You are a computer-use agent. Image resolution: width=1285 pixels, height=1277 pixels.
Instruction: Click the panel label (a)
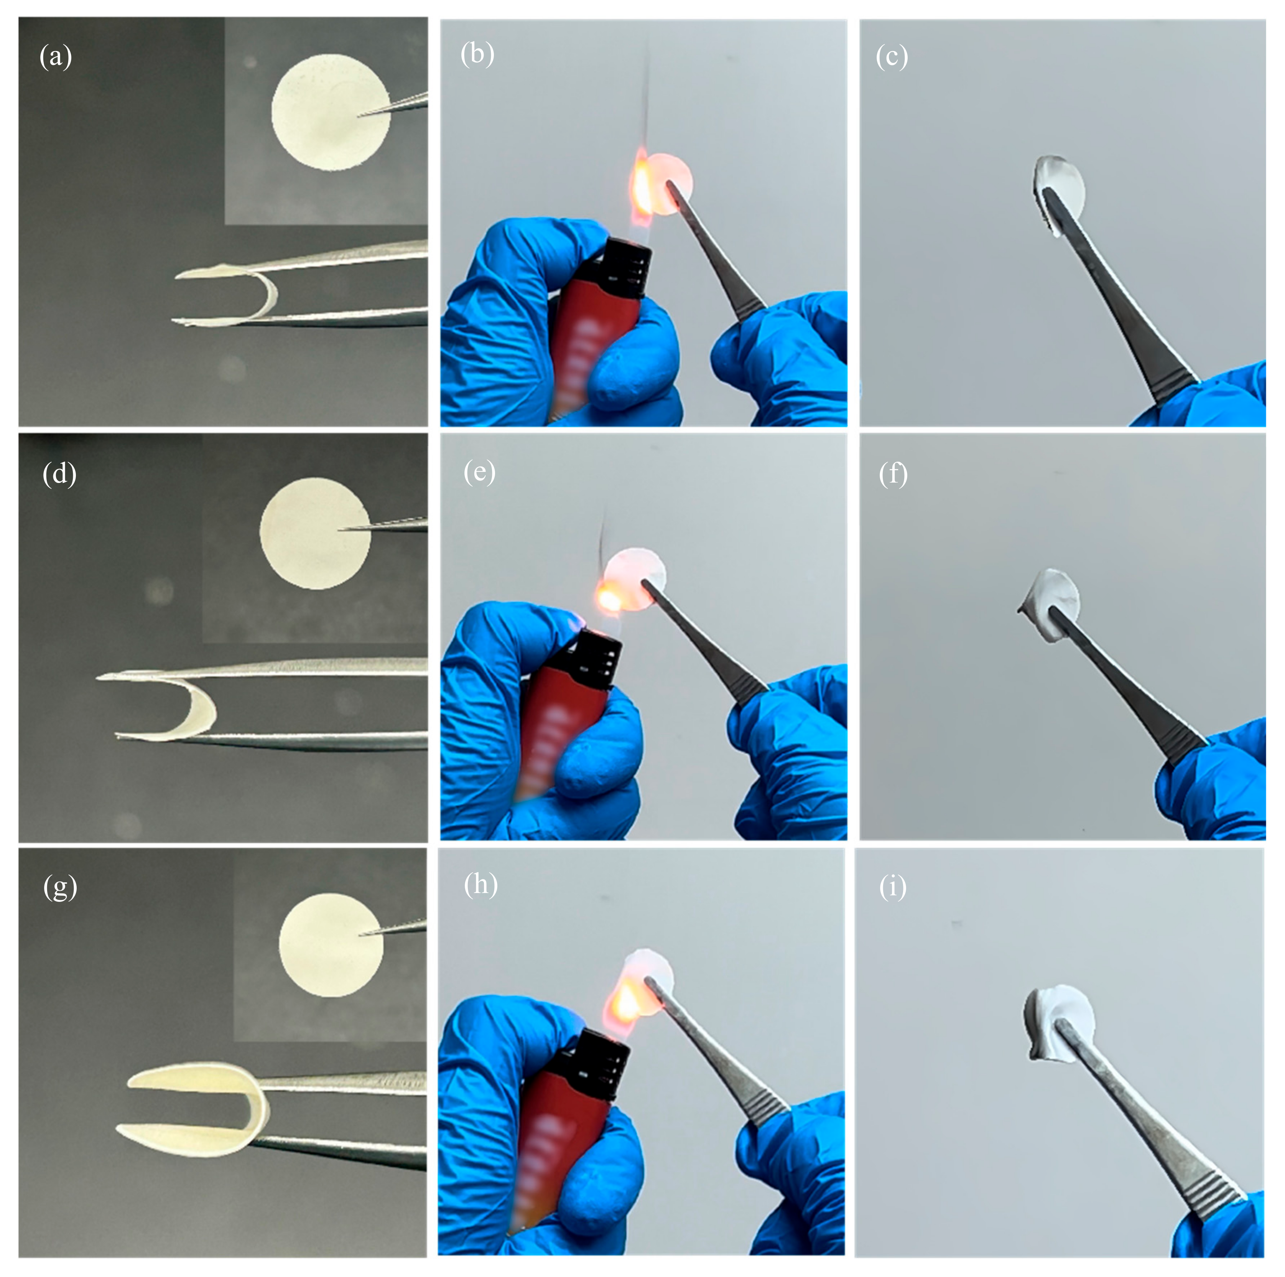56,57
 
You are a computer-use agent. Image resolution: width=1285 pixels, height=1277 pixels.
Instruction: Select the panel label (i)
892,888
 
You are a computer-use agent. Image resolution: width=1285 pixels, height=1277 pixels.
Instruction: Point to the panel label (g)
60,888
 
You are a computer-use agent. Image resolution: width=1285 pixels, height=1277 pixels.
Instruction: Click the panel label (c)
892,57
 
